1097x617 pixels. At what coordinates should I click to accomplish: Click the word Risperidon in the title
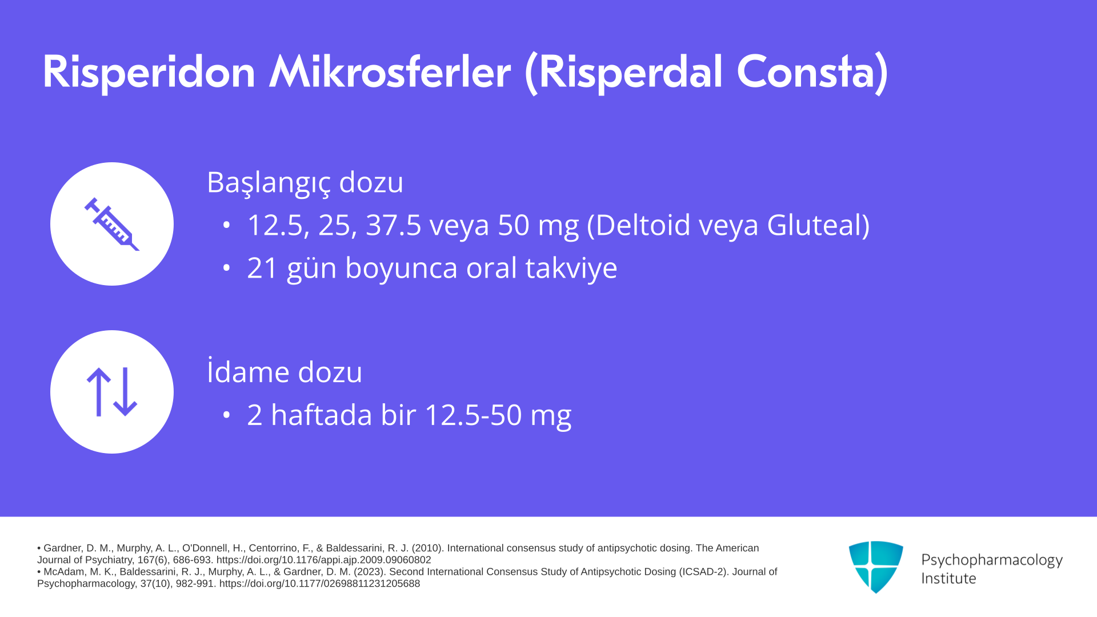[x=149, y=73]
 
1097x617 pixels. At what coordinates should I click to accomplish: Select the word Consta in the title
[x=806, y=72]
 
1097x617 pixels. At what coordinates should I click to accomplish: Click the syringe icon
[x=112, y=224]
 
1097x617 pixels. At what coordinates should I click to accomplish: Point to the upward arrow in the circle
[x=99, y=392]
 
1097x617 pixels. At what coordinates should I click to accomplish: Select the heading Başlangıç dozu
[x=305, y=183]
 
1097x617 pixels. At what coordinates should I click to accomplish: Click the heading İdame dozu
[x=285, y=371]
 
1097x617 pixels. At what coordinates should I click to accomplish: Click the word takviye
[x=571, y=269]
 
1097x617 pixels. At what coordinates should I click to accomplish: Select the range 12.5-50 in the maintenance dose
[x=473, y=415]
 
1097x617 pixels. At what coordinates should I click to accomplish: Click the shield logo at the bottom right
[x=876, y=567]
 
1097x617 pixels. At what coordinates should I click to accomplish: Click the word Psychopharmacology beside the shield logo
[x=992, y=560]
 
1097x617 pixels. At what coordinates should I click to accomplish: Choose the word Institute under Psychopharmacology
[x=948, y=578]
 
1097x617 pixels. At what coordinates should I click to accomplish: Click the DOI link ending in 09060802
[x=323, y=560]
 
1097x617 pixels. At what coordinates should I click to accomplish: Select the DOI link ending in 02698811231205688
[x=319, y=584]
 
